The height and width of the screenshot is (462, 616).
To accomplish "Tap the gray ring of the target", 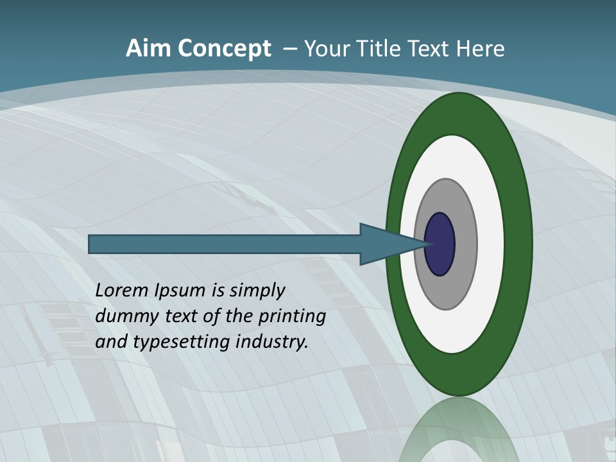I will point(465,244).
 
